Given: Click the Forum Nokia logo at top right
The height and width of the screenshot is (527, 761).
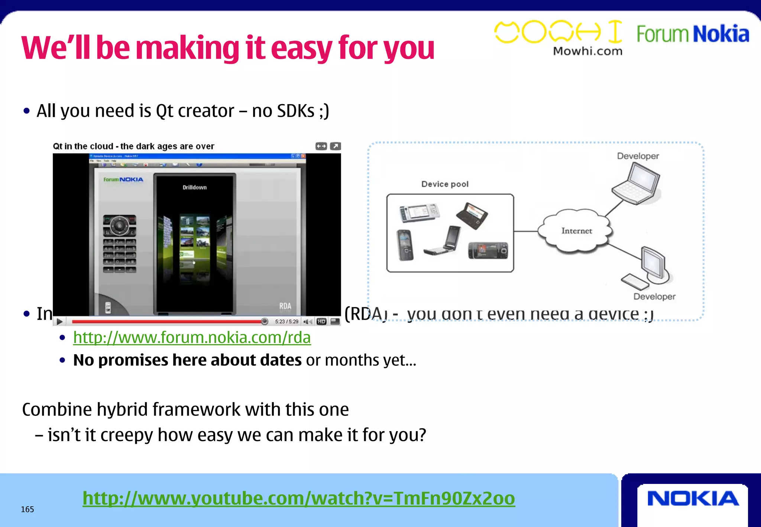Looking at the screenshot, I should coord(693,34).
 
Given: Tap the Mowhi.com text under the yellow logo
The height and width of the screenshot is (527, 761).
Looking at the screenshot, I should coord(587,51).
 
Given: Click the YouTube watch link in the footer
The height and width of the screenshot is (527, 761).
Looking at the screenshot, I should coord(298,498).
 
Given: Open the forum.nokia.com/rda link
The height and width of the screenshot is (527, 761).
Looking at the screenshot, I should coord(192,337).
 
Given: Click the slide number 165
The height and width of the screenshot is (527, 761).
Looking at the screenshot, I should coord(27,509).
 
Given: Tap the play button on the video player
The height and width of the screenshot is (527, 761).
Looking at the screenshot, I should coord(60,321).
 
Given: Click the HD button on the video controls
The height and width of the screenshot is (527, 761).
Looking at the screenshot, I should coord(322,321).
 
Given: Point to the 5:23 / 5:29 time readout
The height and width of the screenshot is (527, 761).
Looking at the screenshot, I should coord(286,321).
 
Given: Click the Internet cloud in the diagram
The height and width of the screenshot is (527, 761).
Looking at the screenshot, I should coord(576,231).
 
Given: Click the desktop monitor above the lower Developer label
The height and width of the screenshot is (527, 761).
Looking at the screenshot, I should coord(654,264).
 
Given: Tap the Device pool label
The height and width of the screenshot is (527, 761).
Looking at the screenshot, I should coord(445,184).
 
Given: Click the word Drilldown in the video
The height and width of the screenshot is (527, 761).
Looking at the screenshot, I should coord(194,187).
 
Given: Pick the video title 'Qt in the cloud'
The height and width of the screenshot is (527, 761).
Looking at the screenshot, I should coord(133,146).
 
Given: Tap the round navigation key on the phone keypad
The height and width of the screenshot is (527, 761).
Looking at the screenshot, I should coord(119,225).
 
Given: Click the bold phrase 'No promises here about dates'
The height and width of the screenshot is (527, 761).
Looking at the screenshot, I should coord(187,360).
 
